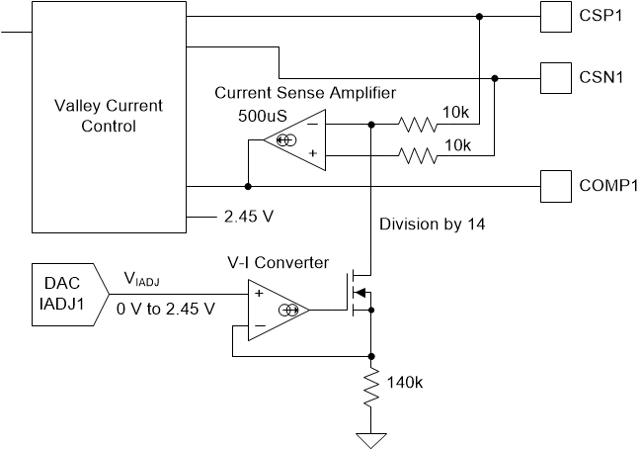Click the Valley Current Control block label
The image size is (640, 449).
109,116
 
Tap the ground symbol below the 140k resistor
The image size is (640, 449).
371,438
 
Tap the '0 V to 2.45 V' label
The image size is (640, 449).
166,309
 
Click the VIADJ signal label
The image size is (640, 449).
144,281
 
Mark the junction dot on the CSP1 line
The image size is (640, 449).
479,17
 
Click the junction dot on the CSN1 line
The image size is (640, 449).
495,77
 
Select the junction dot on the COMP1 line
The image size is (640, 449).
247,185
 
